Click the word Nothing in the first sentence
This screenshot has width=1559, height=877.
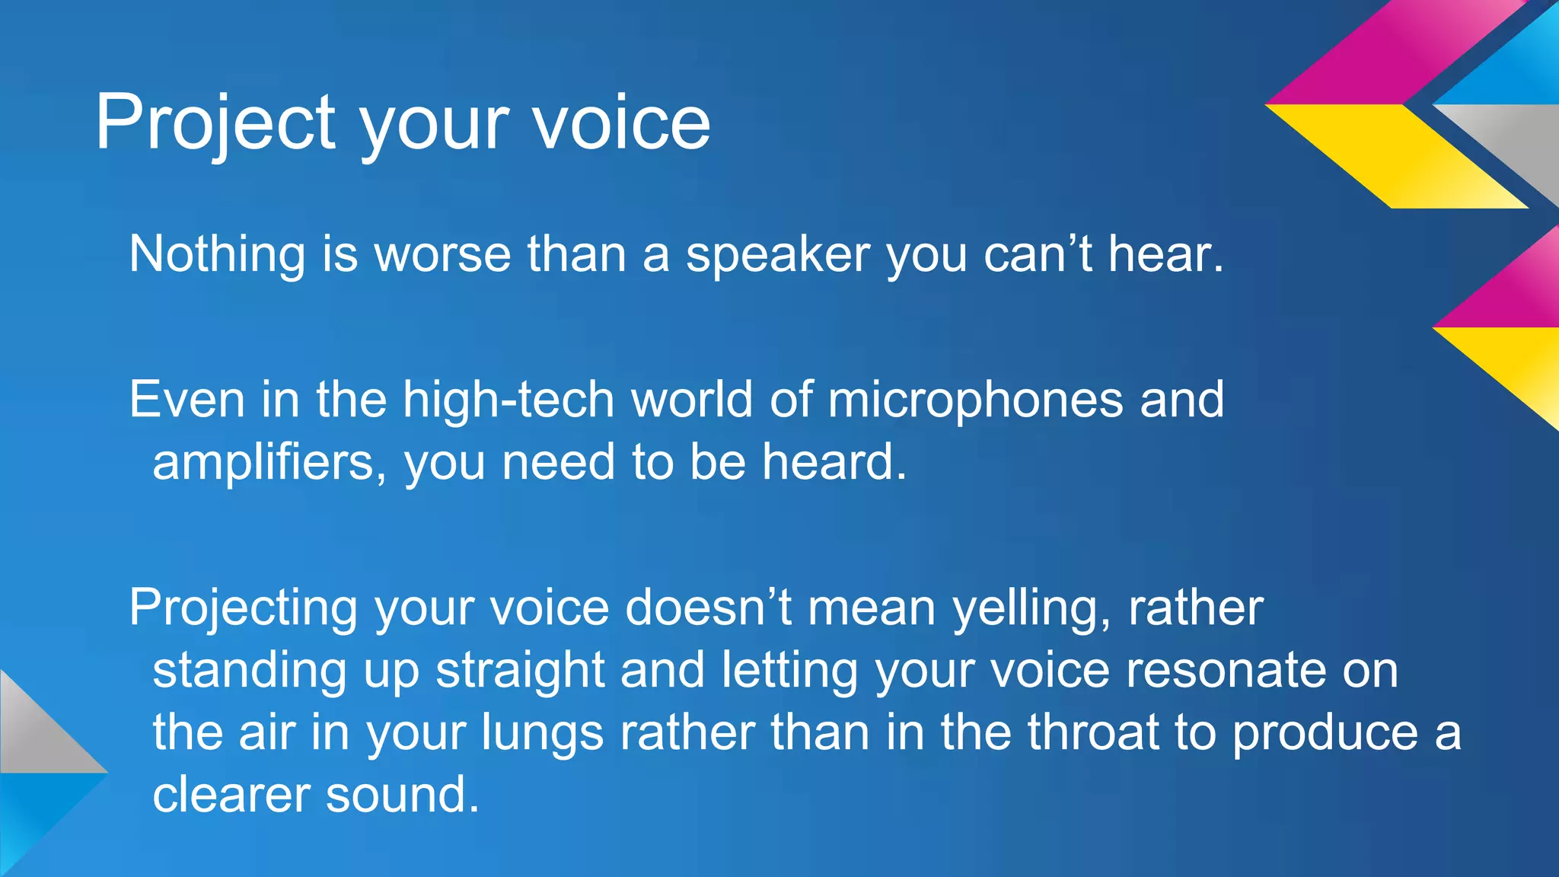pyautogui.click(x=217, y=254)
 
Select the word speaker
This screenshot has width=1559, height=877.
pyautogui.click(x=777, y=255)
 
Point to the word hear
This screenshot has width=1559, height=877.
pyautogui.click(x=1165, y=254)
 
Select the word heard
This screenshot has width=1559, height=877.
pyautogui.click(x=834, y=462)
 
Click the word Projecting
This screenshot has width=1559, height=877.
pyautogui.click(x=243, y=608)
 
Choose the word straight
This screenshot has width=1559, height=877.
pyautogui.click(x=520, y=671)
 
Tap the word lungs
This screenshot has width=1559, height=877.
pyautogui.click(x=543, y=733)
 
